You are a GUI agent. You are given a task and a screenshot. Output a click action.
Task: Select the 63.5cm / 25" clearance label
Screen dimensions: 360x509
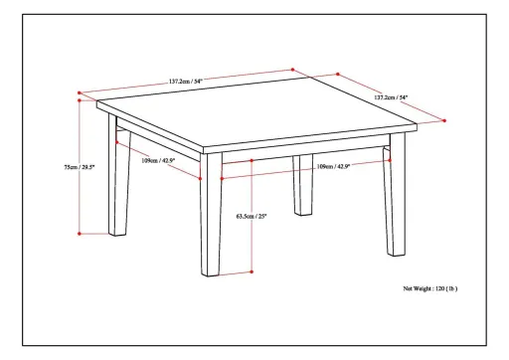(252, 215)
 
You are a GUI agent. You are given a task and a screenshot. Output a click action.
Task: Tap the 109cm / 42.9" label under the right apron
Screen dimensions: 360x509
(331, 166)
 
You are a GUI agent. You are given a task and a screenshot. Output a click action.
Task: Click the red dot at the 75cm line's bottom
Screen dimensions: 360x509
(80, 234)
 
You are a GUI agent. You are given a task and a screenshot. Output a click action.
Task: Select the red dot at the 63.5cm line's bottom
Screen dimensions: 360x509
(253, 271)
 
